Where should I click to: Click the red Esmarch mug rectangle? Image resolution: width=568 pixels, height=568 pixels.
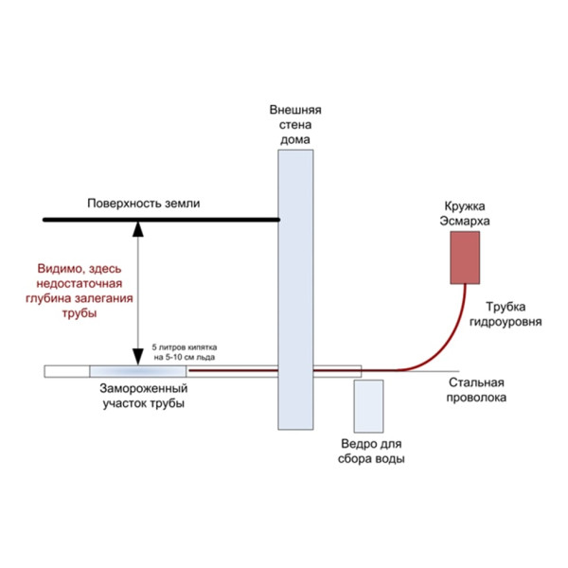pyautogui.click(x=465, y=257)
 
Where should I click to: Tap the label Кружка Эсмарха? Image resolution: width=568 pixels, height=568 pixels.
pyautogui.click(x=465, y=213)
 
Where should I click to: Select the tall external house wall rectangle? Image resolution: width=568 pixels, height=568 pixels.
pyautogui.click(x=295, y=290)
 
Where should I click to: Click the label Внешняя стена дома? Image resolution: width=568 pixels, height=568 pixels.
pyautogui.click(x=295, y=124)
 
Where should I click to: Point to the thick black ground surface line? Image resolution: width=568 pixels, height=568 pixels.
pyautogui.click(x=161, y=220)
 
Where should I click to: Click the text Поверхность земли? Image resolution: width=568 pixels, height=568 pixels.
pyautogui.click(x=144, y=204)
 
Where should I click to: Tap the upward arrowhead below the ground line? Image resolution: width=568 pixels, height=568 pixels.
pyautogui.click(x=137, y=229)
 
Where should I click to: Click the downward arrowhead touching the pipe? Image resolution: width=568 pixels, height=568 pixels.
pyautogui.click(x=137, y=357)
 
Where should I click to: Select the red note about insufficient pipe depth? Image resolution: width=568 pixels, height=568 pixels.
pyautogui.click(x=80, y=291)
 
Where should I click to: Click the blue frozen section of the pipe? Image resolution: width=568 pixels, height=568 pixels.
pyautogui.click(x=137, y=371)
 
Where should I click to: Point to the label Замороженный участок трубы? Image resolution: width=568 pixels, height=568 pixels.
pyautogui.click(x=144, y=396)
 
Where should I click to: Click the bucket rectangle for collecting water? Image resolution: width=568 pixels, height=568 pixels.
pyautogui.click(x=368, y=406)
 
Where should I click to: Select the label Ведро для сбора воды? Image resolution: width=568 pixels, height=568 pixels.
pyautogui.click(x=371, y=451)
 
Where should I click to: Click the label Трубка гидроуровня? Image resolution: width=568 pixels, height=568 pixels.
pyautogui.click(x=506, y=314)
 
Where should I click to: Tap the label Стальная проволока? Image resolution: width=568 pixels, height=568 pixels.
pyautogui.click(x=476, y=390)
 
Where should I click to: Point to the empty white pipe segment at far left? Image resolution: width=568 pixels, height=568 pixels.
pyautogui.click(x=67, y=371)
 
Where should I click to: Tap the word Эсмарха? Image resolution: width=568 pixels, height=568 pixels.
pyautogui.click(x=465, y=221)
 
